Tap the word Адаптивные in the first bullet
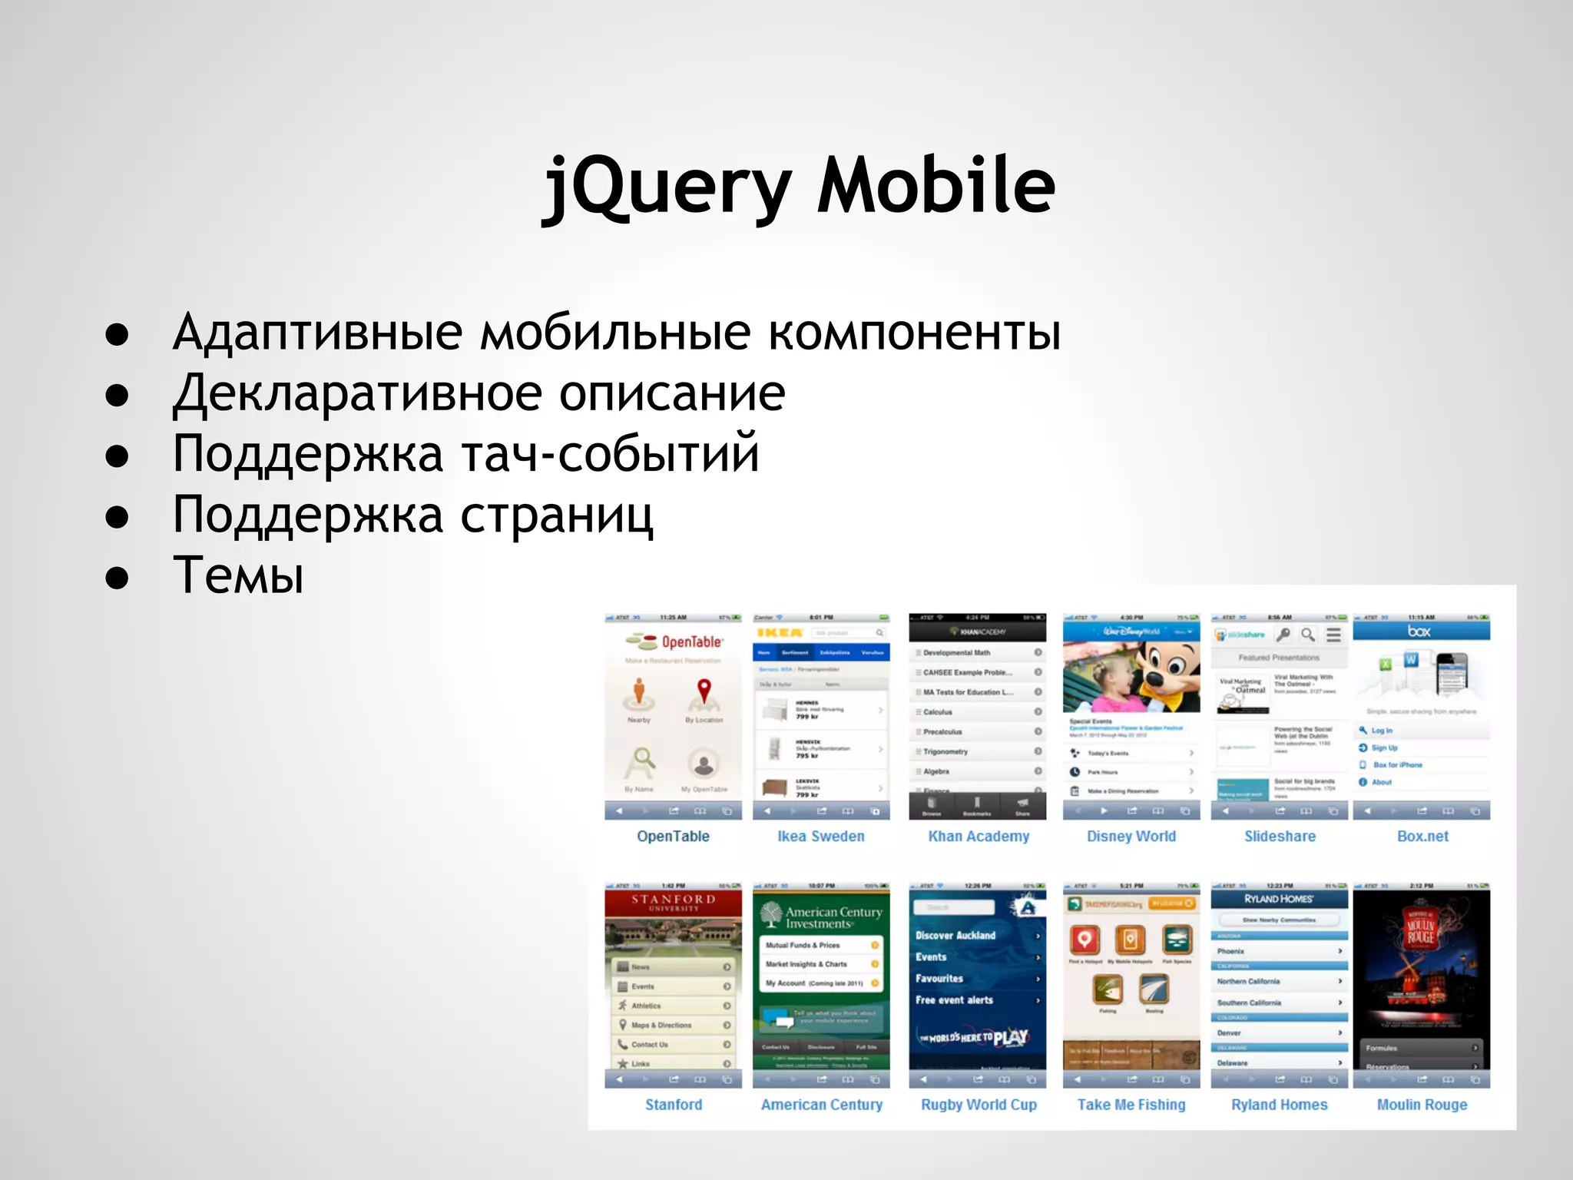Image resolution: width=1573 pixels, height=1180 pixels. coord(317,332)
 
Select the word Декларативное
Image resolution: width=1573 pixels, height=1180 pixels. coord(357,393)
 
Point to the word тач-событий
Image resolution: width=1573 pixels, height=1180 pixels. coord(611,453)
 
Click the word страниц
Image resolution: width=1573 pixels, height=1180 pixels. coord(557,515)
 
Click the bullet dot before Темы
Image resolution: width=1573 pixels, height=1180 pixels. coord(117,577)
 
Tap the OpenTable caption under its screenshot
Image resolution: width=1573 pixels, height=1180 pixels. coord(673,836)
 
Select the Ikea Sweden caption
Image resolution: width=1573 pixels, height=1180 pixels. coord(820,836)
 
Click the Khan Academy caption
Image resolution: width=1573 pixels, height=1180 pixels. coord(979,836)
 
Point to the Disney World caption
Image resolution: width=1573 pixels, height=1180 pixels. coord(1131,836)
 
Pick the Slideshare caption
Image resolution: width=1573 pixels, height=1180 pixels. coord(1280,836)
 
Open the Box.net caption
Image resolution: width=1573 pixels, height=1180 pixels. coord(1422,836)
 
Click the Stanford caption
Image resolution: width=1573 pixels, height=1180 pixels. coord(673,1104)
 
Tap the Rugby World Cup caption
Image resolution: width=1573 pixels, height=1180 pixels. coord(979,1104)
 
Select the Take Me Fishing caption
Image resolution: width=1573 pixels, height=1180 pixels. coord(1131,1104)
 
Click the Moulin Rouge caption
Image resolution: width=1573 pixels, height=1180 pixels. coord(1422,1104)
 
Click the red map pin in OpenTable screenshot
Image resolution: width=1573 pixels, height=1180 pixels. coord(704,691)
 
